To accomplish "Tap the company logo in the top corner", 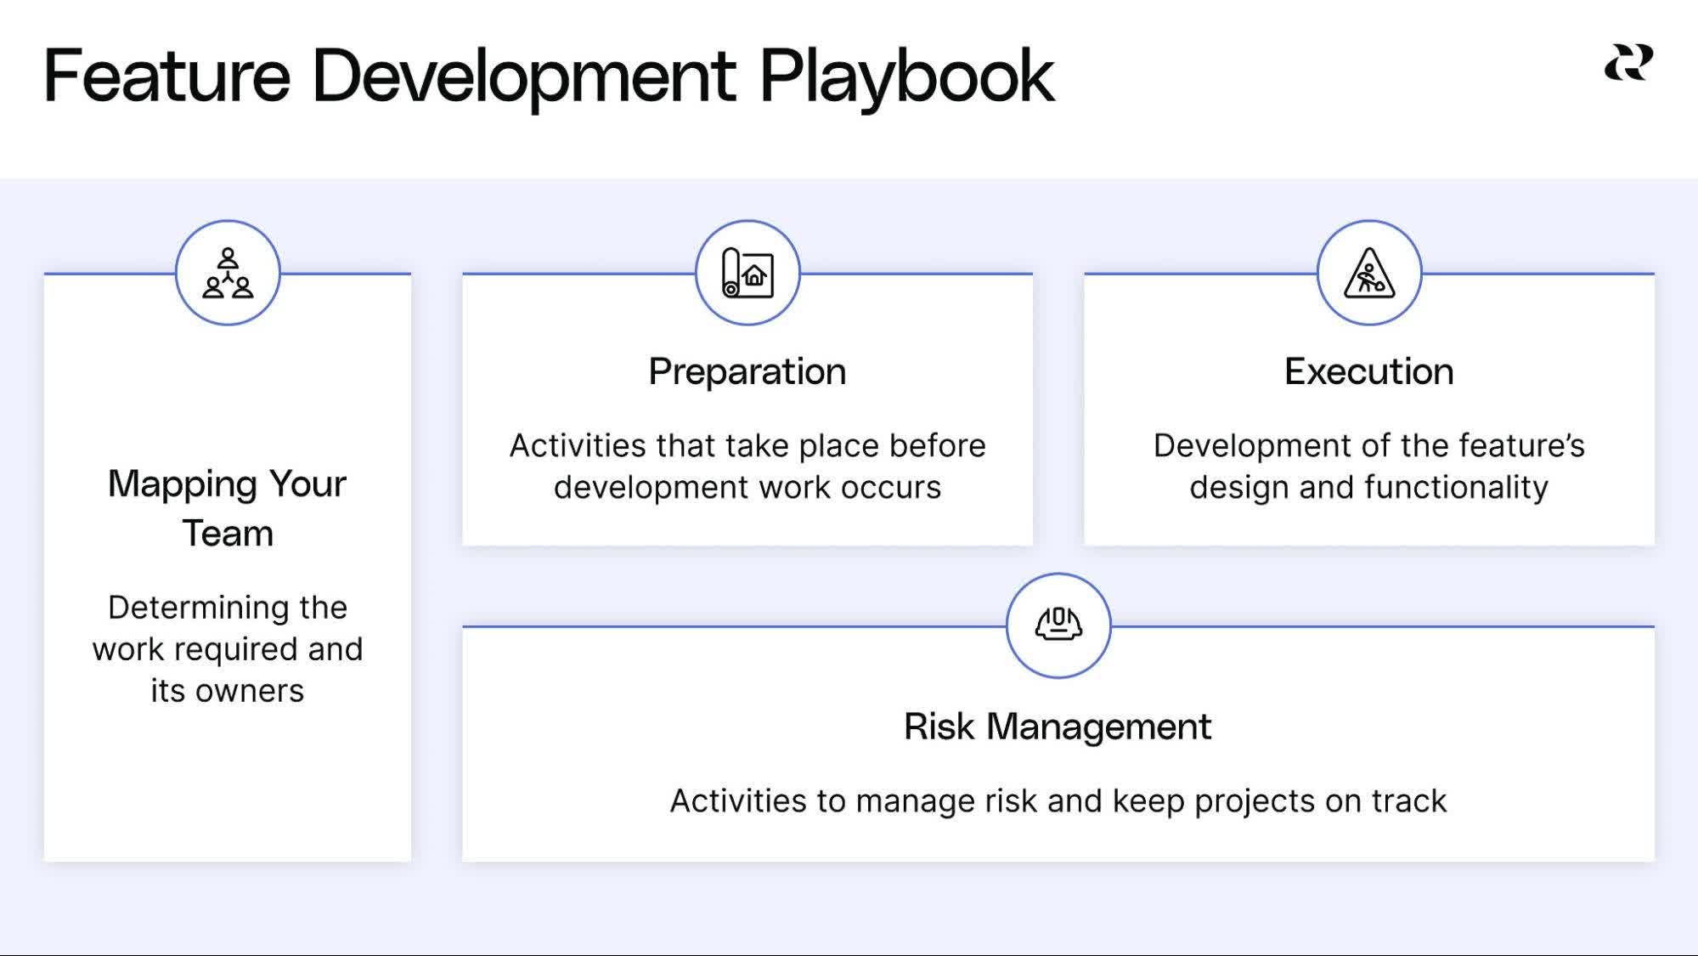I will pyautogui.click(x=1628, y=64).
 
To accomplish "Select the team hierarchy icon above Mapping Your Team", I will pyautogui.click(x=228, y=273).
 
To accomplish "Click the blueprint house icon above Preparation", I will pyautogui.click(x=747, y=273).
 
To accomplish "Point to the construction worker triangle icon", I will pyautogui.click(x=1368, y=273).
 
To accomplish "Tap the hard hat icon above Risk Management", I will pyautogui.click(x=1058, y=625).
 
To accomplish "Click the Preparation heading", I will pyautogui.click(x=747, y=371).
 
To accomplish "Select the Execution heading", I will pyautogui.click(x=1368, y=371).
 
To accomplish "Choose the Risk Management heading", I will pyautogui.click(x=1058, y=727).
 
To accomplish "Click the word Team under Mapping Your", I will pyautogui.click(x=228, y=534).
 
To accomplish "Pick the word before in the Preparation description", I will pyautogui.click(x=937, y=446).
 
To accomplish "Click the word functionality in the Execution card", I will pyautogui.click(x=1456, y=488).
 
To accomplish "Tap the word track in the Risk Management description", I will pyautogui.click(x=1409, y=801).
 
